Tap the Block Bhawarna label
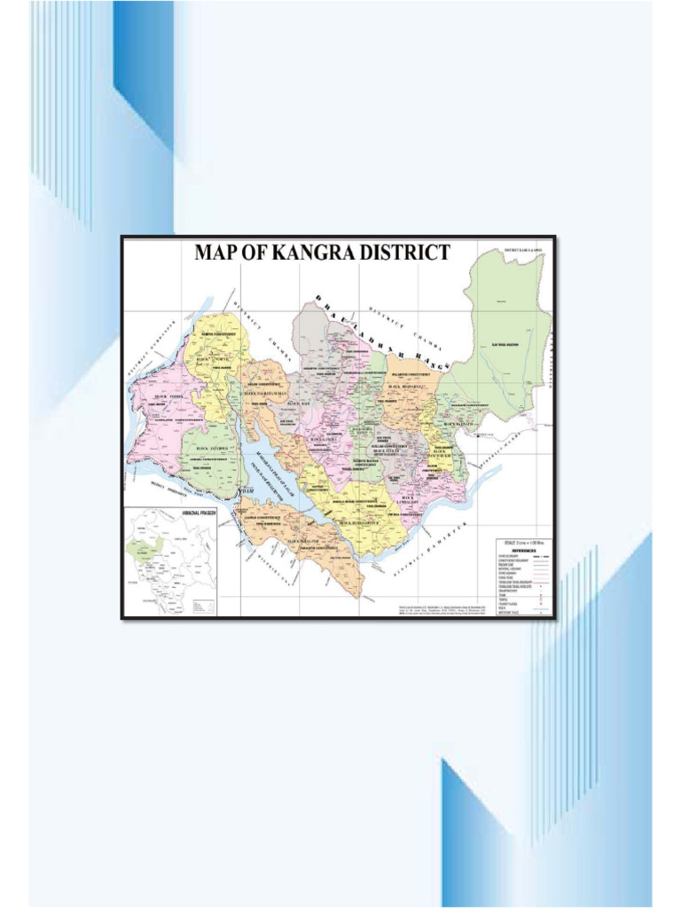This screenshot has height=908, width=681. click(x=407, y=387)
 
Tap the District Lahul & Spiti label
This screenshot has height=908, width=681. click(x=523, y=251)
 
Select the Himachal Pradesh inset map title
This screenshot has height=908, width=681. click(x=200, y=513)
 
